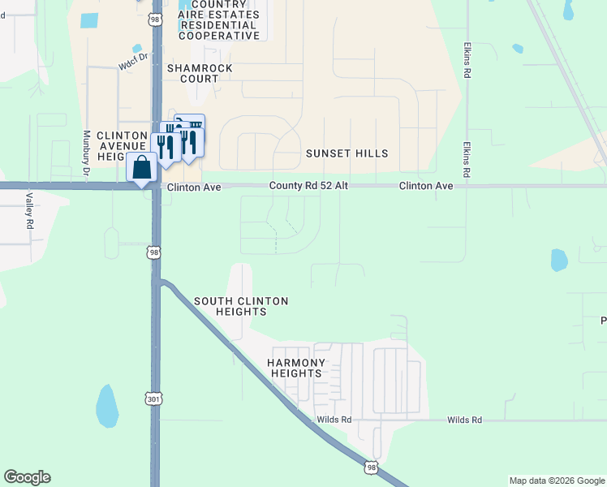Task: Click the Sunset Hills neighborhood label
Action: pos(347,153)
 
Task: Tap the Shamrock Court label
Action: pos(193,74)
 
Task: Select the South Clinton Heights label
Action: pos(241,306)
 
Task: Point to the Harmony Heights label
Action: pos(297,368)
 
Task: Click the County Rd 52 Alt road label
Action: pos(308,186)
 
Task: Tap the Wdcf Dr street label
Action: pos(135,59)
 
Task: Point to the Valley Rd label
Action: pos(28,209)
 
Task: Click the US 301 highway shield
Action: pos(154,399)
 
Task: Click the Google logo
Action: pos(27,477)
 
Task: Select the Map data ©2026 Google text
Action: pos(557,481)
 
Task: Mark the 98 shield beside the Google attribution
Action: pos(372,468)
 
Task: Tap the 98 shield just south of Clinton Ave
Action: pos(154,252)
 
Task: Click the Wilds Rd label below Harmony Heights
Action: pos(334,420)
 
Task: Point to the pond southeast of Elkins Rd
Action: pos(559,260)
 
